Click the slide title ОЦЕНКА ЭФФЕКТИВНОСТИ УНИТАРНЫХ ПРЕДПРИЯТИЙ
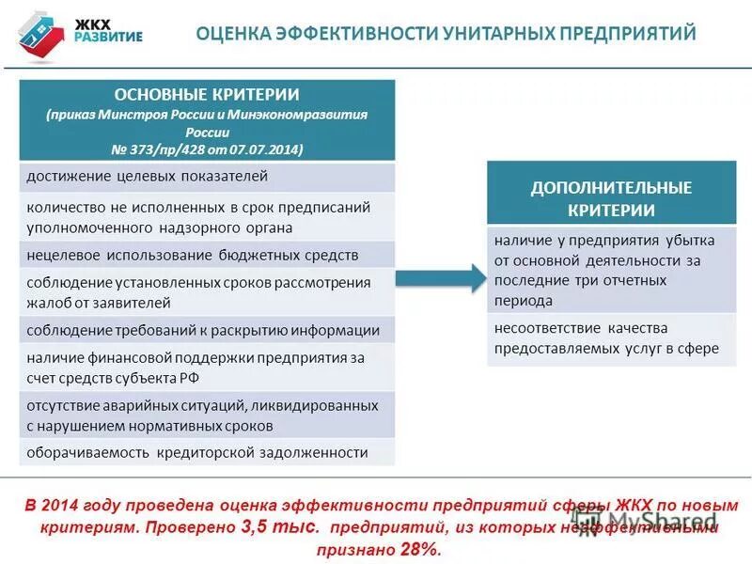click(446, 35)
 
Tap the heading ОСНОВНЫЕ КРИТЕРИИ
click(207, 94)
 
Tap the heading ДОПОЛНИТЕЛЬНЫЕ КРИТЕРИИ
click(611, 198)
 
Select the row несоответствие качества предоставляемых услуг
click(611, 338)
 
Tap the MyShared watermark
click(658, 518)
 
